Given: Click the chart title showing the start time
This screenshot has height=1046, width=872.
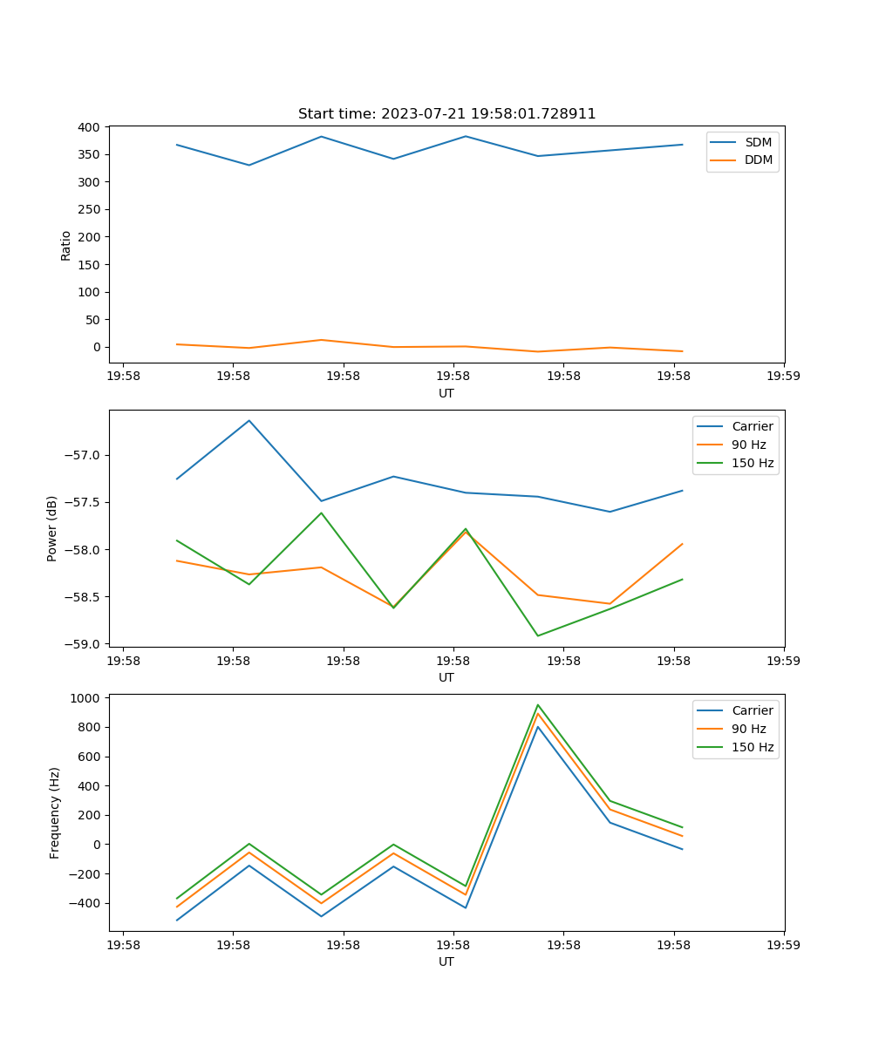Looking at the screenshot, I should [x=446, y=114].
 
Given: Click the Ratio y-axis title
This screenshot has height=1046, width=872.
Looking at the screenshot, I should [x=66, y=245].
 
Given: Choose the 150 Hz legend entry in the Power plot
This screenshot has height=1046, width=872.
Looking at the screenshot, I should [x=753, y=463].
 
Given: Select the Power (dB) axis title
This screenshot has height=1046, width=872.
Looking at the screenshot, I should [x=52, y=528].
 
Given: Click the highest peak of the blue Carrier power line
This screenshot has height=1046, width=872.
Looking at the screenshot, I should [x=249, y=420].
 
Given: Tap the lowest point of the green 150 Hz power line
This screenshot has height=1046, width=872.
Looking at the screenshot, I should [x=537, y=635].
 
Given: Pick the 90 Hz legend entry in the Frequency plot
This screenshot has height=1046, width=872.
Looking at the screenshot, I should [x=748, y=729].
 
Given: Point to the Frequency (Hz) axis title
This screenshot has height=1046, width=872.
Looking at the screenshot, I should [x=54, y=812].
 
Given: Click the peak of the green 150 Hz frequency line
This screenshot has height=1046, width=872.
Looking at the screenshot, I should [x=537, y=704].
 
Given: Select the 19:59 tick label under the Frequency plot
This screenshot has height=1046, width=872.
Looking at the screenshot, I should [x=784, y=945].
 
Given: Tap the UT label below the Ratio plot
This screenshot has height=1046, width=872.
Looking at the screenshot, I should [x=446, y=393].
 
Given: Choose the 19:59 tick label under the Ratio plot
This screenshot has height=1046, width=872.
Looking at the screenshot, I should [x=784, y=377].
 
